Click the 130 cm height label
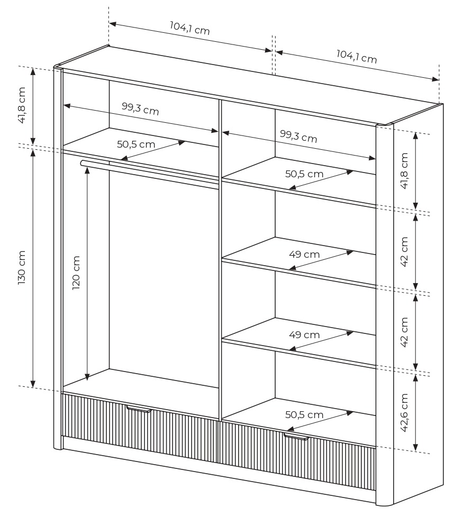coord(22,267)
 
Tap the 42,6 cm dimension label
coord(405,413)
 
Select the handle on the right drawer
coord(296,437)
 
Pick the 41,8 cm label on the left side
coord(22,105)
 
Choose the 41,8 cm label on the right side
coord(405,170)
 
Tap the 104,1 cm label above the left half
coord(189,28)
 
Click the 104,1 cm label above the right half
coord(357,56)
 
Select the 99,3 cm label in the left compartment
coord(140,108)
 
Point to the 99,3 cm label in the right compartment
coord(298,136)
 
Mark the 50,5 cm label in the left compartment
coord(136,144)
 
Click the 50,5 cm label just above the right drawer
coord(304,414)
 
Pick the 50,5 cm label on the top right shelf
coord(304,174)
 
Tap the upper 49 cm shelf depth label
coord(304,254)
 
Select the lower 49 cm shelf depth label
coord(304,334)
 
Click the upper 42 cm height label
coord(405,251)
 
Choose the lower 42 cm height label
coord(405,332)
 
